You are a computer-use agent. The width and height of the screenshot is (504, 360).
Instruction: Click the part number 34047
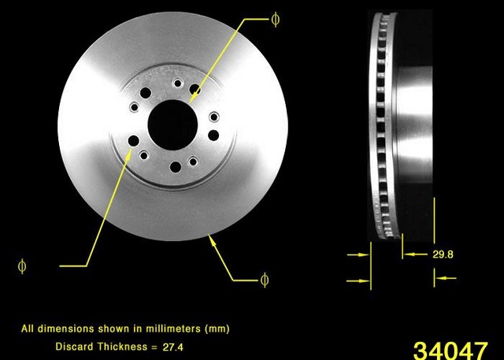[450, 351]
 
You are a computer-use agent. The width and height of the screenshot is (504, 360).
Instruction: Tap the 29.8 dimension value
[443, 254]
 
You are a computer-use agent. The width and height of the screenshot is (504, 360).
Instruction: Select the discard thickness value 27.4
[173, 347]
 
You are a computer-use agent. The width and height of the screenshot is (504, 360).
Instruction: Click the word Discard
[75, 347]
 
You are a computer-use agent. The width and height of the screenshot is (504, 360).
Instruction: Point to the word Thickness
[123, 347]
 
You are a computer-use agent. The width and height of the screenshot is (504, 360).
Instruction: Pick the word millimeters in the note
[173, 328]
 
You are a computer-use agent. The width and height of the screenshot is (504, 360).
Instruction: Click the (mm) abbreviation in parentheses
[217, 328]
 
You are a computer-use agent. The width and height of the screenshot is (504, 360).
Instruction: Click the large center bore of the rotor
[172, 124]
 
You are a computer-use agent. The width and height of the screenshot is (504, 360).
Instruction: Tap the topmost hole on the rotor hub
[177, 84]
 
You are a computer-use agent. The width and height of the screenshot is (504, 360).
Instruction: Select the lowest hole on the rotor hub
[176, 167]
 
